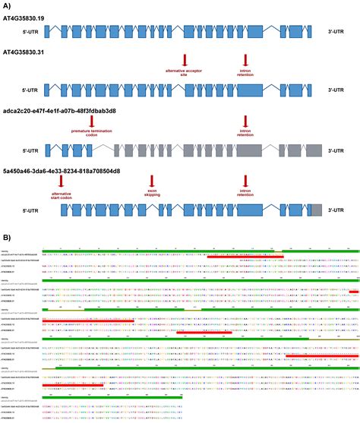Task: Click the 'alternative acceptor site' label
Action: point(185,73)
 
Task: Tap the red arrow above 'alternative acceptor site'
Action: point(185,60)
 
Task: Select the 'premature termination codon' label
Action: point(91,133)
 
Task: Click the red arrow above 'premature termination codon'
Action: point(91,120)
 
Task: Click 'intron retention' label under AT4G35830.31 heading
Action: point(245,73)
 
